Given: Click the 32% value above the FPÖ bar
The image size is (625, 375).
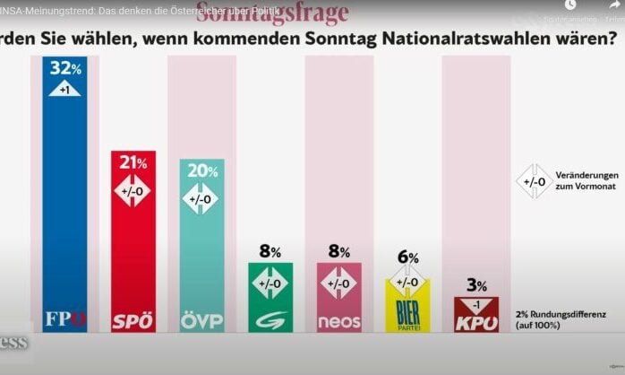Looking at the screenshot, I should (65, 69).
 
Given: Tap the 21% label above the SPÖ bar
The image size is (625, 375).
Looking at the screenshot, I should (133, 162).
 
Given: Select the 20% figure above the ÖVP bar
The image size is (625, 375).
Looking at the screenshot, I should (202, 170).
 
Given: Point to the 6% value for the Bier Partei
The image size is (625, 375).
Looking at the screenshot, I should (408, 257).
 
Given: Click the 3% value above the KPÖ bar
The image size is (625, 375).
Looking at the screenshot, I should (476, 286).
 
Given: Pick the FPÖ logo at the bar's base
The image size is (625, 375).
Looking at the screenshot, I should (65, 318).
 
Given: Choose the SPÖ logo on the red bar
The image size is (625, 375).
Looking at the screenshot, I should (133, 320).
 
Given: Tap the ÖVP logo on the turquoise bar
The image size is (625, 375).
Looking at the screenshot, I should (202, 320).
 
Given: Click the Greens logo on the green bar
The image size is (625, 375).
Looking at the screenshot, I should (270, 319).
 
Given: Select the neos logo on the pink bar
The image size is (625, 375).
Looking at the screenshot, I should (339, 320).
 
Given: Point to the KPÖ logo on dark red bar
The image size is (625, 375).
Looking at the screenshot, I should (476, 320).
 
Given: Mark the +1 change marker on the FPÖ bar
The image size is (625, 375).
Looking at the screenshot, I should (65, 89).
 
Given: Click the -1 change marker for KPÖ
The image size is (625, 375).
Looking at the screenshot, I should (476, 304).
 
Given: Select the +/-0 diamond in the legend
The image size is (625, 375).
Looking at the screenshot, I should (535, 182).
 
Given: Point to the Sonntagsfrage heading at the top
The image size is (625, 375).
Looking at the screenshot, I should (272, 12).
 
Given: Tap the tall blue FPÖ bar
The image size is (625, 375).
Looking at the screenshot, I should (65, 206).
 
